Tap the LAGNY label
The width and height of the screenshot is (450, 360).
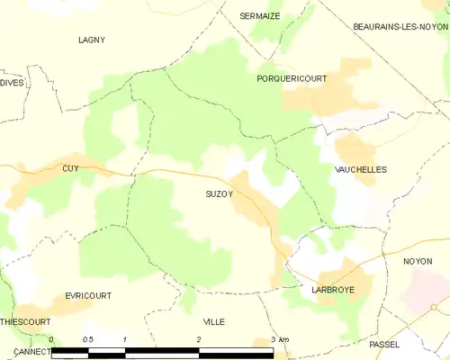point(92,40)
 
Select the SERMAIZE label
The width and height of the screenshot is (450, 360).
point(260,16)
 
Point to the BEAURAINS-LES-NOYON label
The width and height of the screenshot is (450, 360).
point(400,27)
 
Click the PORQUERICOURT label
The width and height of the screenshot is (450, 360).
point(292,79)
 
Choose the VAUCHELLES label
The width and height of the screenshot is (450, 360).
point(360,169)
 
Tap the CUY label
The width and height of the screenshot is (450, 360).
point(71,168)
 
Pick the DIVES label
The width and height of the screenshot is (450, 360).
point(11,83)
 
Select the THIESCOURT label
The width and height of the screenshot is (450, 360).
point(24,320)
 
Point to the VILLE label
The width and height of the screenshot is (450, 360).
point(214,321)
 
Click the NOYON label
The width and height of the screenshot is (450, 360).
point(418,261)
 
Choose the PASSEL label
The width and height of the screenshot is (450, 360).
point(384,345)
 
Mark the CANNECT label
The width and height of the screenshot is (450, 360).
point(20,351)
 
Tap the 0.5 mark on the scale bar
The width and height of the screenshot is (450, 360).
point(88,339)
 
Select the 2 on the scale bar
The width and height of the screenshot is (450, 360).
point(199,339)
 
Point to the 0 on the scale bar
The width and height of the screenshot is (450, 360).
point(52,339)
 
